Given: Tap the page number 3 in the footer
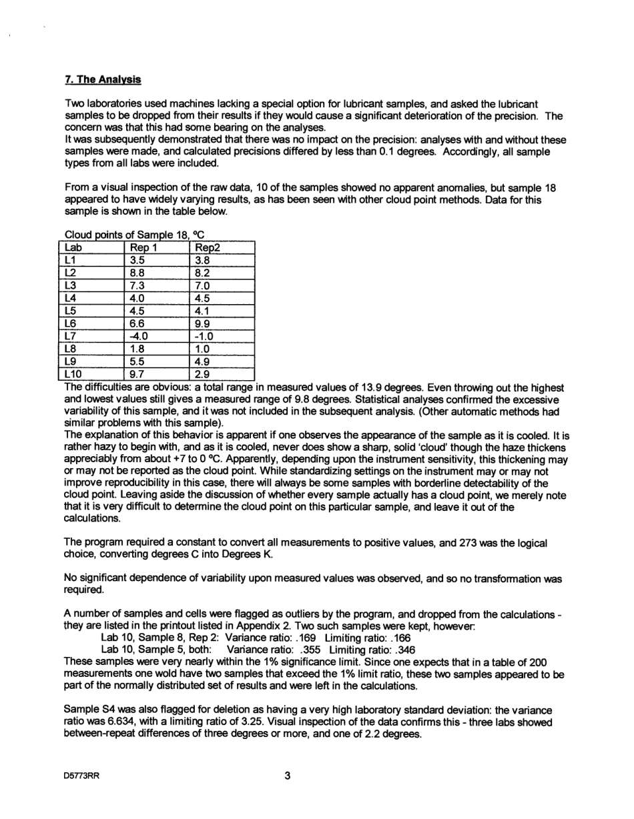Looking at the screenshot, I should (288, 776).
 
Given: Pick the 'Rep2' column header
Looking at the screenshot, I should (206, 247).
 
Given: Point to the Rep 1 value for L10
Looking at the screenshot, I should (137, 373).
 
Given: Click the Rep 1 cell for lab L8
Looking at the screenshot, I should (137, 348).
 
